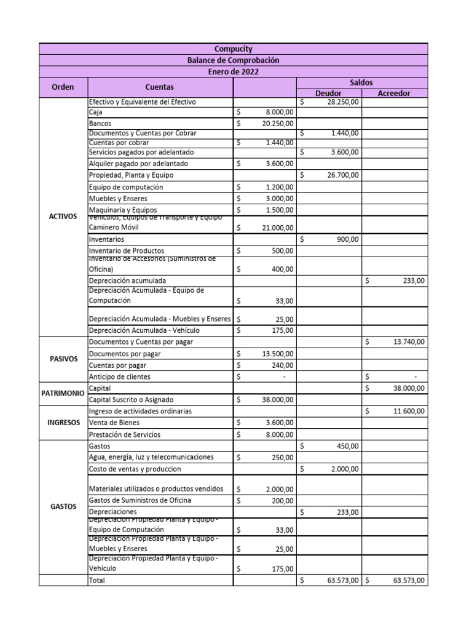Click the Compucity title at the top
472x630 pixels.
point(233,49)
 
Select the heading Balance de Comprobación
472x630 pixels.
point(233,60)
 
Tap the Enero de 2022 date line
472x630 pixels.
point(233,72)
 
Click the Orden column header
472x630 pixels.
point(63,87)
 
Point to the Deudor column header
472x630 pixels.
point(328,94)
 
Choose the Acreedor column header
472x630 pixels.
point(394,94)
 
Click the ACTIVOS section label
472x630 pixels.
point(63,217)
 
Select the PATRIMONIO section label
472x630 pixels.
point(63,393)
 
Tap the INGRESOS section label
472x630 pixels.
point(63,423)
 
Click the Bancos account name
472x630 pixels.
point(100,124)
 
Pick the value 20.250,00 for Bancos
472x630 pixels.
point(277,124)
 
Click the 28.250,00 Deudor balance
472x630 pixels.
point(341,102)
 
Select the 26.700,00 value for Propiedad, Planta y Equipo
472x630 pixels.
point(341,175)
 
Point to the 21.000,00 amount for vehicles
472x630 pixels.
point(277,228)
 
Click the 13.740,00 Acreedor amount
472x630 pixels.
point(408,341)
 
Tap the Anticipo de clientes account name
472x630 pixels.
point(119,377)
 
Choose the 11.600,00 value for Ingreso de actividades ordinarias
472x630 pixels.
point(408,411)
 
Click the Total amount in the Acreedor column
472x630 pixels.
point(408,580)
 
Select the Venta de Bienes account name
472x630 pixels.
point(114,423)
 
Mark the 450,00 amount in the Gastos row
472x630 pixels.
point(348,446)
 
